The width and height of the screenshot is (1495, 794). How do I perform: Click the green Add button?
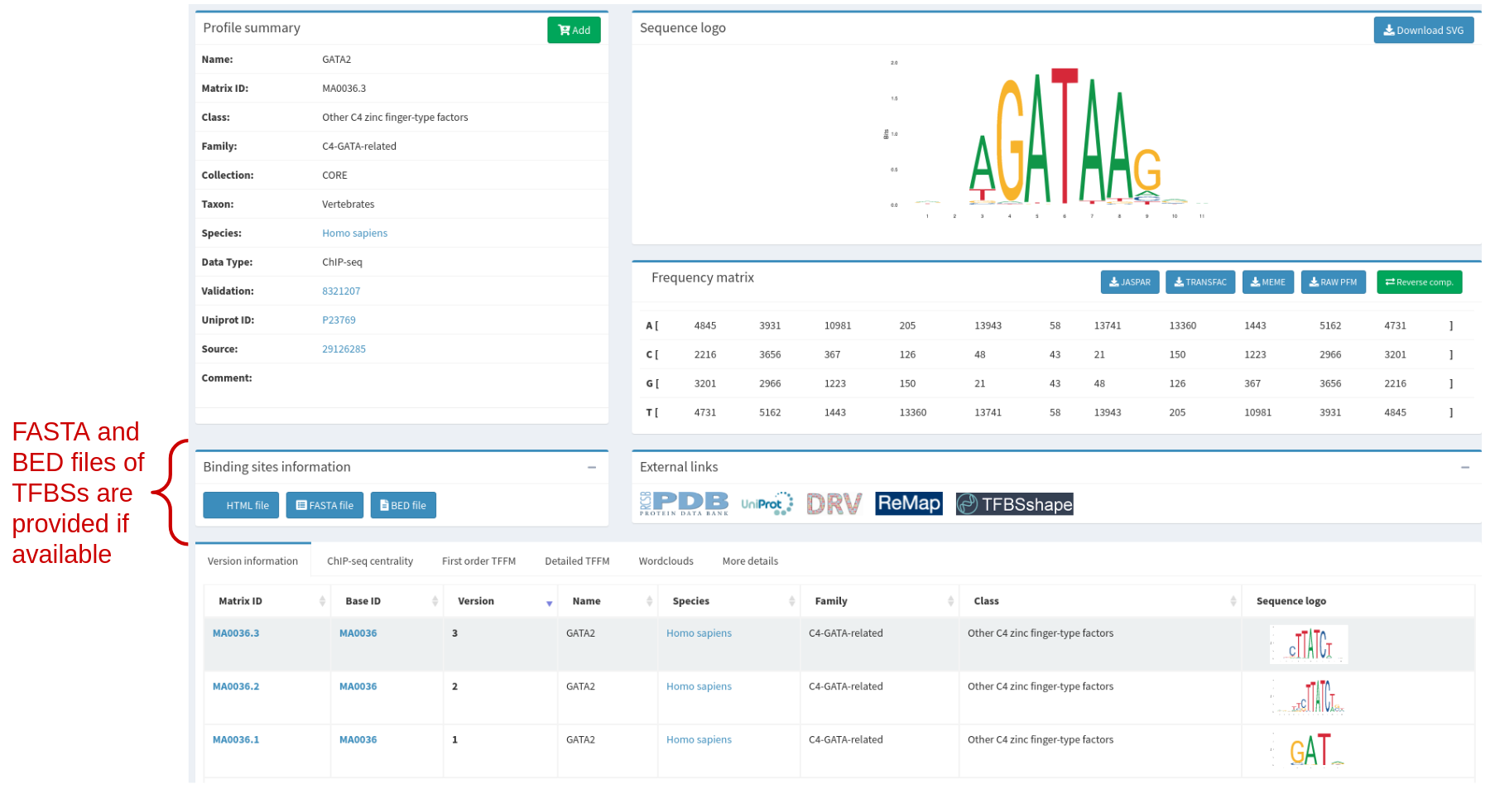coord(574,30)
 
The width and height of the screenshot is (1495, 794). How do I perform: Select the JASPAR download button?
coord(1129,282)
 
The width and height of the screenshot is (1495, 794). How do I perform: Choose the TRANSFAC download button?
coord(1199,282)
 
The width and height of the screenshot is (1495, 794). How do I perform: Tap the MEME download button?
coord(1267,282)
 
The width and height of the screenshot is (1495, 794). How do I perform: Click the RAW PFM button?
coord(1333,282)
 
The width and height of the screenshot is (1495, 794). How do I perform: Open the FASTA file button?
coord(324,505)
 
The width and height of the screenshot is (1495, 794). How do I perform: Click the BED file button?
coord(403,505)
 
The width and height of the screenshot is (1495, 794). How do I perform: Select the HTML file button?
coord(241,505)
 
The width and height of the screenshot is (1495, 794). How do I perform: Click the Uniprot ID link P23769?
coord(339,320)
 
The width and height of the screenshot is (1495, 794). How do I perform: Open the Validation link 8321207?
coord(341,291)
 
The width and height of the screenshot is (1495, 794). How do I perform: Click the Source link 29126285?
coord(344,349)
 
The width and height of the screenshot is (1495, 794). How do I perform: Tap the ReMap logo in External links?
coord(908,503)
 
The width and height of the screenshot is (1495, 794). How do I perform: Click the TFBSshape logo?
coord(1014,504)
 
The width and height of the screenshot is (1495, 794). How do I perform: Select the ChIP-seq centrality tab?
coord(369,561)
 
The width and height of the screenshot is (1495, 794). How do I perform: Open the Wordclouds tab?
coord(666,561)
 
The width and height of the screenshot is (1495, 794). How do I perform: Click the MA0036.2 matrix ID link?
coord(236,686)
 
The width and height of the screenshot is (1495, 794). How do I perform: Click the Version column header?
coord(476,601)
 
